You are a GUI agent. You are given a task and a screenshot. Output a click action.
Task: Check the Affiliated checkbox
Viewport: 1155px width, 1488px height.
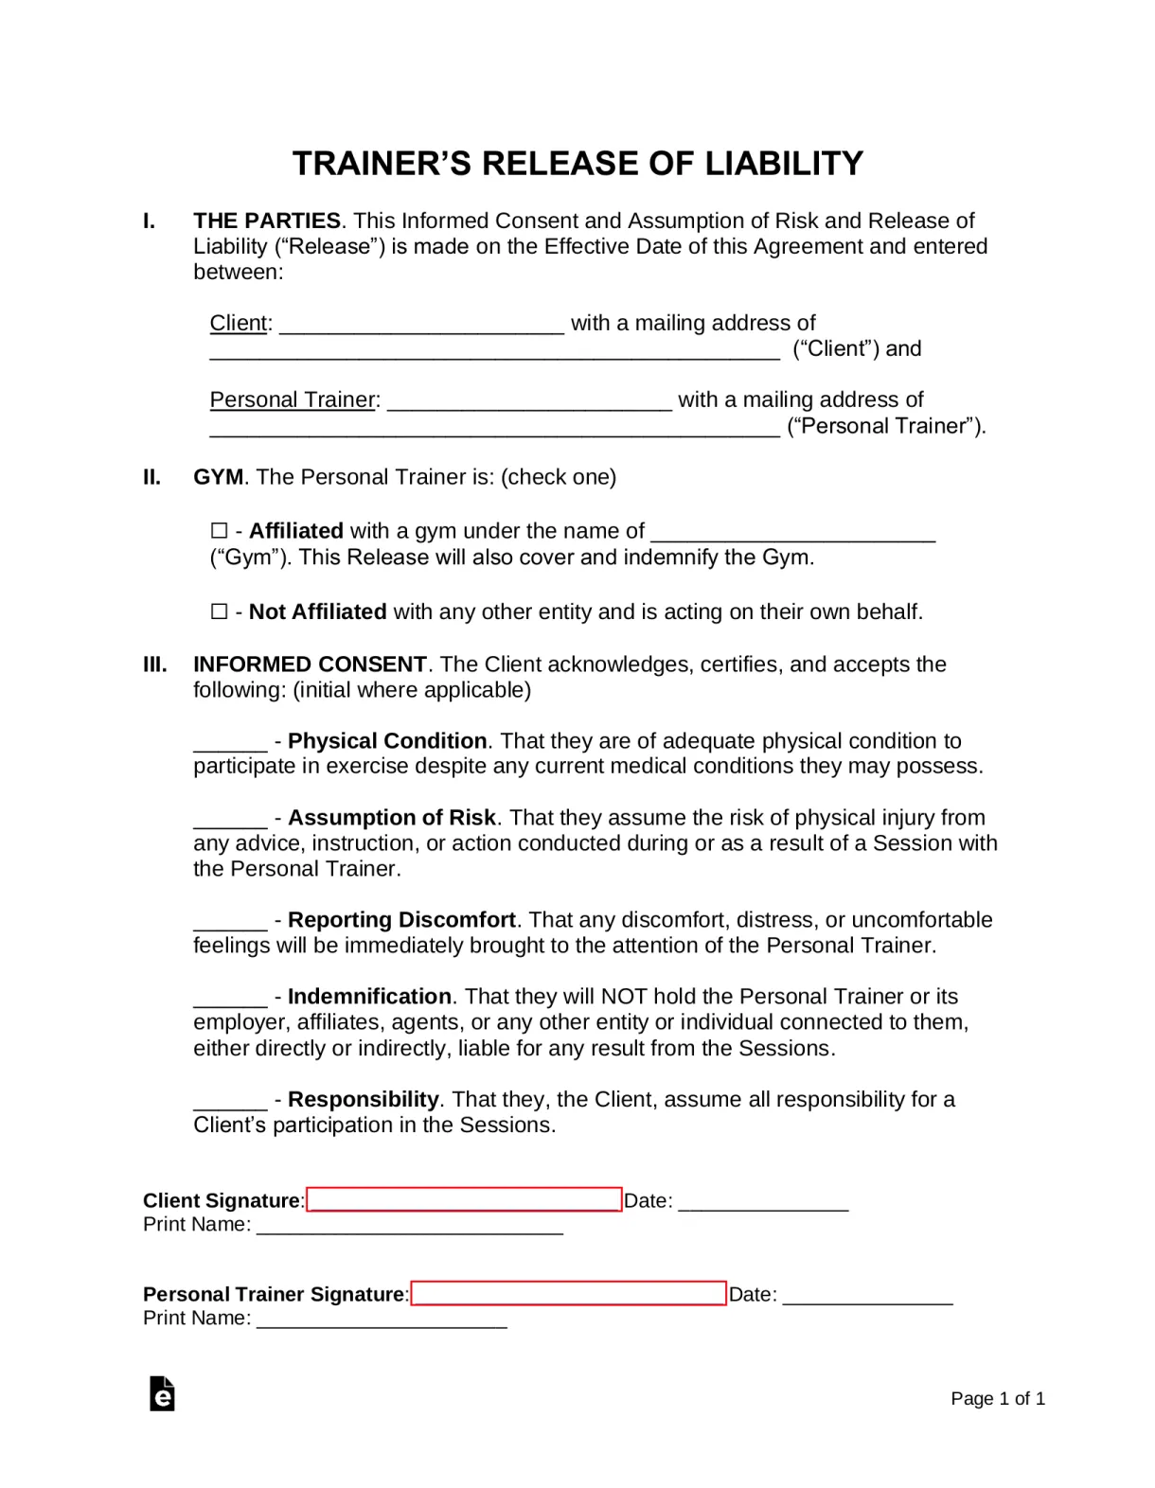[x=220, y=531]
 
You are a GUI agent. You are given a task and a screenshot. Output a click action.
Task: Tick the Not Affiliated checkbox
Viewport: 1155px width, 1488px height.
[x=220, y=611]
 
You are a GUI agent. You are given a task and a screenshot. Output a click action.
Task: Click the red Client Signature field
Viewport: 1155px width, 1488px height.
[x=464, y=1199]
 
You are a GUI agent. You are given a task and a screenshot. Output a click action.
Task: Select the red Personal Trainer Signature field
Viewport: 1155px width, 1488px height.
[x=568, y=1293]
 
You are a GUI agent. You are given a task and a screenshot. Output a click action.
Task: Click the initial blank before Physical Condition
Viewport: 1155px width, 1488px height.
[x=230, y=743]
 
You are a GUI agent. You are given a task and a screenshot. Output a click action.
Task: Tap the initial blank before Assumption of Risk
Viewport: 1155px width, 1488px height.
[x=230, y=820]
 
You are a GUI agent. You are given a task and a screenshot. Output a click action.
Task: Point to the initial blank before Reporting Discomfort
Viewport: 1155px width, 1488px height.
[x=230, y=922]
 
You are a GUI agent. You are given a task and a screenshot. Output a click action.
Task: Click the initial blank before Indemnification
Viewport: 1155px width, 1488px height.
[x=230, y=999]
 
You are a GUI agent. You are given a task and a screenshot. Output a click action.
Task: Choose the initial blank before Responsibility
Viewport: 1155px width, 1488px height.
[x=230, y=1102]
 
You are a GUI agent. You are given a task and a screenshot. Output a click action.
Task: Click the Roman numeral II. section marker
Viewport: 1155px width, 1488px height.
[x=152, y=477]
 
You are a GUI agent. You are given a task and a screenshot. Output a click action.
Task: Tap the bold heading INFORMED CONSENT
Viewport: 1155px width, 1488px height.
[x=310, y=664]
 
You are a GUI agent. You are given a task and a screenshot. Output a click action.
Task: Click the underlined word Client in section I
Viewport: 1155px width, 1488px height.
[x=239, y=324]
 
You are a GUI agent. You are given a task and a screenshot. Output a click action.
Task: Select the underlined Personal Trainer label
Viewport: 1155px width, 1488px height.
[x=293, y=400]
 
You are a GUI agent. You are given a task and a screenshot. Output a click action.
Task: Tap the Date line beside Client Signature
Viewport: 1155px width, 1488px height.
[x=763, y=1204]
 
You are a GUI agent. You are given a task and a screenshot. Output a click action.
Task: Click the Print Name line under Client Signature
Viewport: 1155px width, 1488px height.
[x=410, y=1228]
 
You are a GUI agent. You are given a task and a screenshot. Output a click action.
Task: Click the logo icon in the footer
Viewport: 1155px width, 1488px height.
[x=162, y=1393]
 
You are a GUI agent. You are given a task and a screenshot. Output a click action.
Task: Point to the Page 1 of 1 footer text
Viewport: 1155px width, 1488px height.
[x=998, y=1399]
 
